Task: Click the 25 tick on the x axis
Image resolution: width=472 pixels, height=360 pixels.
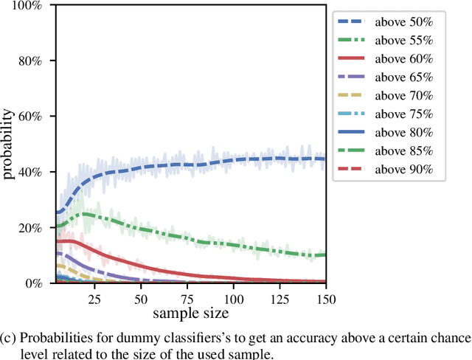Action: click(x=92, y=300)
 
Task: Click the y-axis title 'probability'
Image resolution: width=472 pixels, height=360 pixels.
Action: click(x=8, y=145)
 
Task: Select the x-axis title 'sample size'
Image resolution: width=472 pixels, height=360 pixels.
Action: click(x=192, y=314)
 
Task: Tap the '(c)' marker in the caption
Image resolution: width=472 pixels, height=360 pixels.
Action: click(x=9, y=338)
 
